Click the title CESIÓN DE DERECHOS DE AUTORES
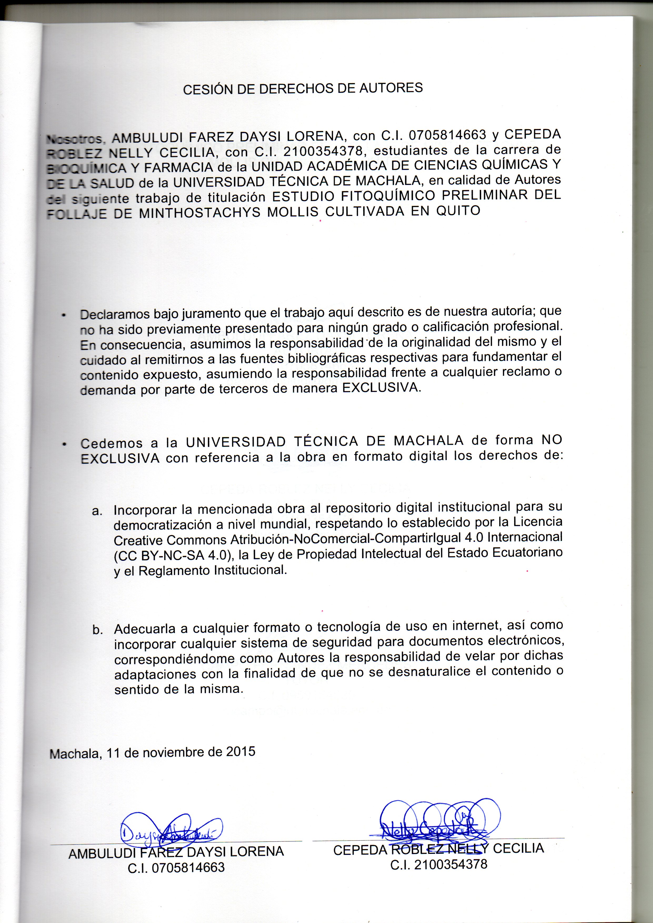(303, 88)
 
